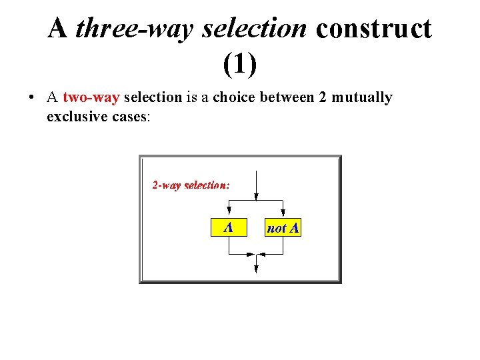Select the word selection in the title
[255, 29]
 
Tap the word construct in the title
[374, 29]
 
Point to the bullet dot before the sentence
[32, 98]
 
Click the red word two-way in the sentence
[91, 97]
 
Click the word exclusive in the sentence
[73, 116]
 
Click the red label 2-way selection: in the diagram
[191, 185]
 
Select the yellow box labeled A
[228, 227]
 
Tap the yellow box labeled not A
[283, 228]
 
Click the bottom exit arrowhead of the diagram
[256, 268]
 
